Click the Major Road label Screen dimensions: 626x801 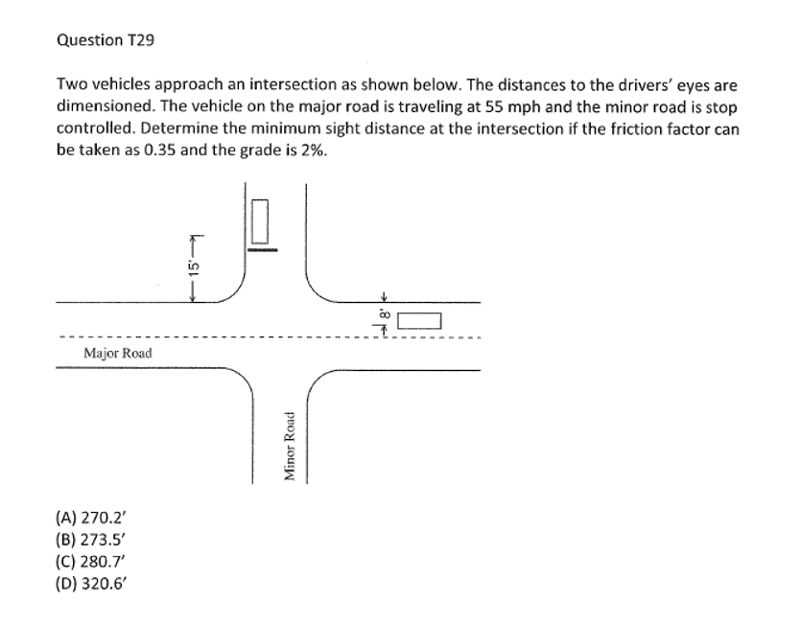pos(117,354)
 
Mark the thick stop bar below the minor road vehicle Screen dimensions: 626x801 pos(263,249)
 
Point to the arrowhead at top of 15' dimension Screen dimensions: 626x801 pos(193,238)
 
